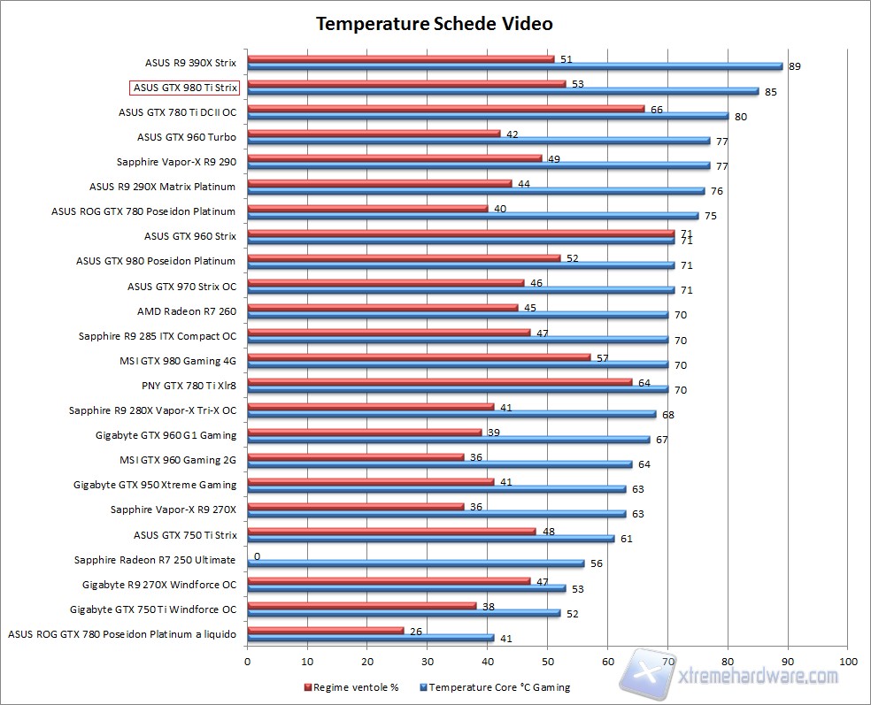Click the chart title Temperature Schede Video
(435, 23)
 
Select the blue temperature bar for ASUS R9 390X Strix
(513, 65)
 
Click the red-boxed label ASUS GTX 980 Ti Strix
(184, 88)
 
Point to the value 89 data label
(794, 66)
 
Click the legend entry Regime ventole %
(352, 686)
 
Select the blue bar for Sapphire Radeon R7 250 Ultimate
(414, 563)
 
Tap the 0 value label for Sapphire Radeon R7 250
(257, 556)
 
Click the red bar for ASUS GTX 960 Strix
(460, 234)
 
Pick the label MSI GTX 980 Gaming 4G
(178, 360)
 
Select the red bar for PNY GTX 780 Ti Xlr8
(439, 382)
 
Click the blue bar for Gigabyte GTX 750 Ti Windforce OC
(403, 613)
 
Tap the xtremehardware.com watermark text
(758, 677)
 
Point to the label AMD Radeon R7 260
(186, 310)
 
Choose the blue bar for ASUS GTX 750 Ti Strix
(430, 538)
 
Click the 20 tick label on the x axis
(367, 661)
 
